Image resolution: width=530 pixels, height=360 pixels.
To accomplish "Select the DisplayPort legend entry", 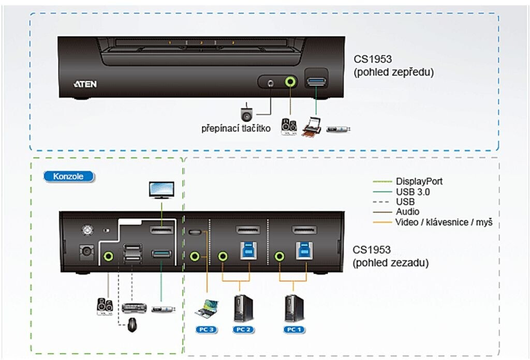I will [x=419, y=182].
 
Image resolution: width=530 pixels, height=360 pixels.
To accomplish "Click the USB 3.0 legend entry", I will [x=413, y=191].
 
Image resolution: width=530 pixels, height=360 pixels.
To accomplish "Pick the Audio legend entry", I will [x=408, y=212].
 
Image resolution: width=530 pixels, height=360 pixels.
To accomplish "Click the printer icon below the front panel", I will [x=312, y=127].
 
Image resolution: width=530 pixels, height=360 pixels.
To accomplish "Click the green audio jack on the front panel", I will [x=291, y=82].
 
